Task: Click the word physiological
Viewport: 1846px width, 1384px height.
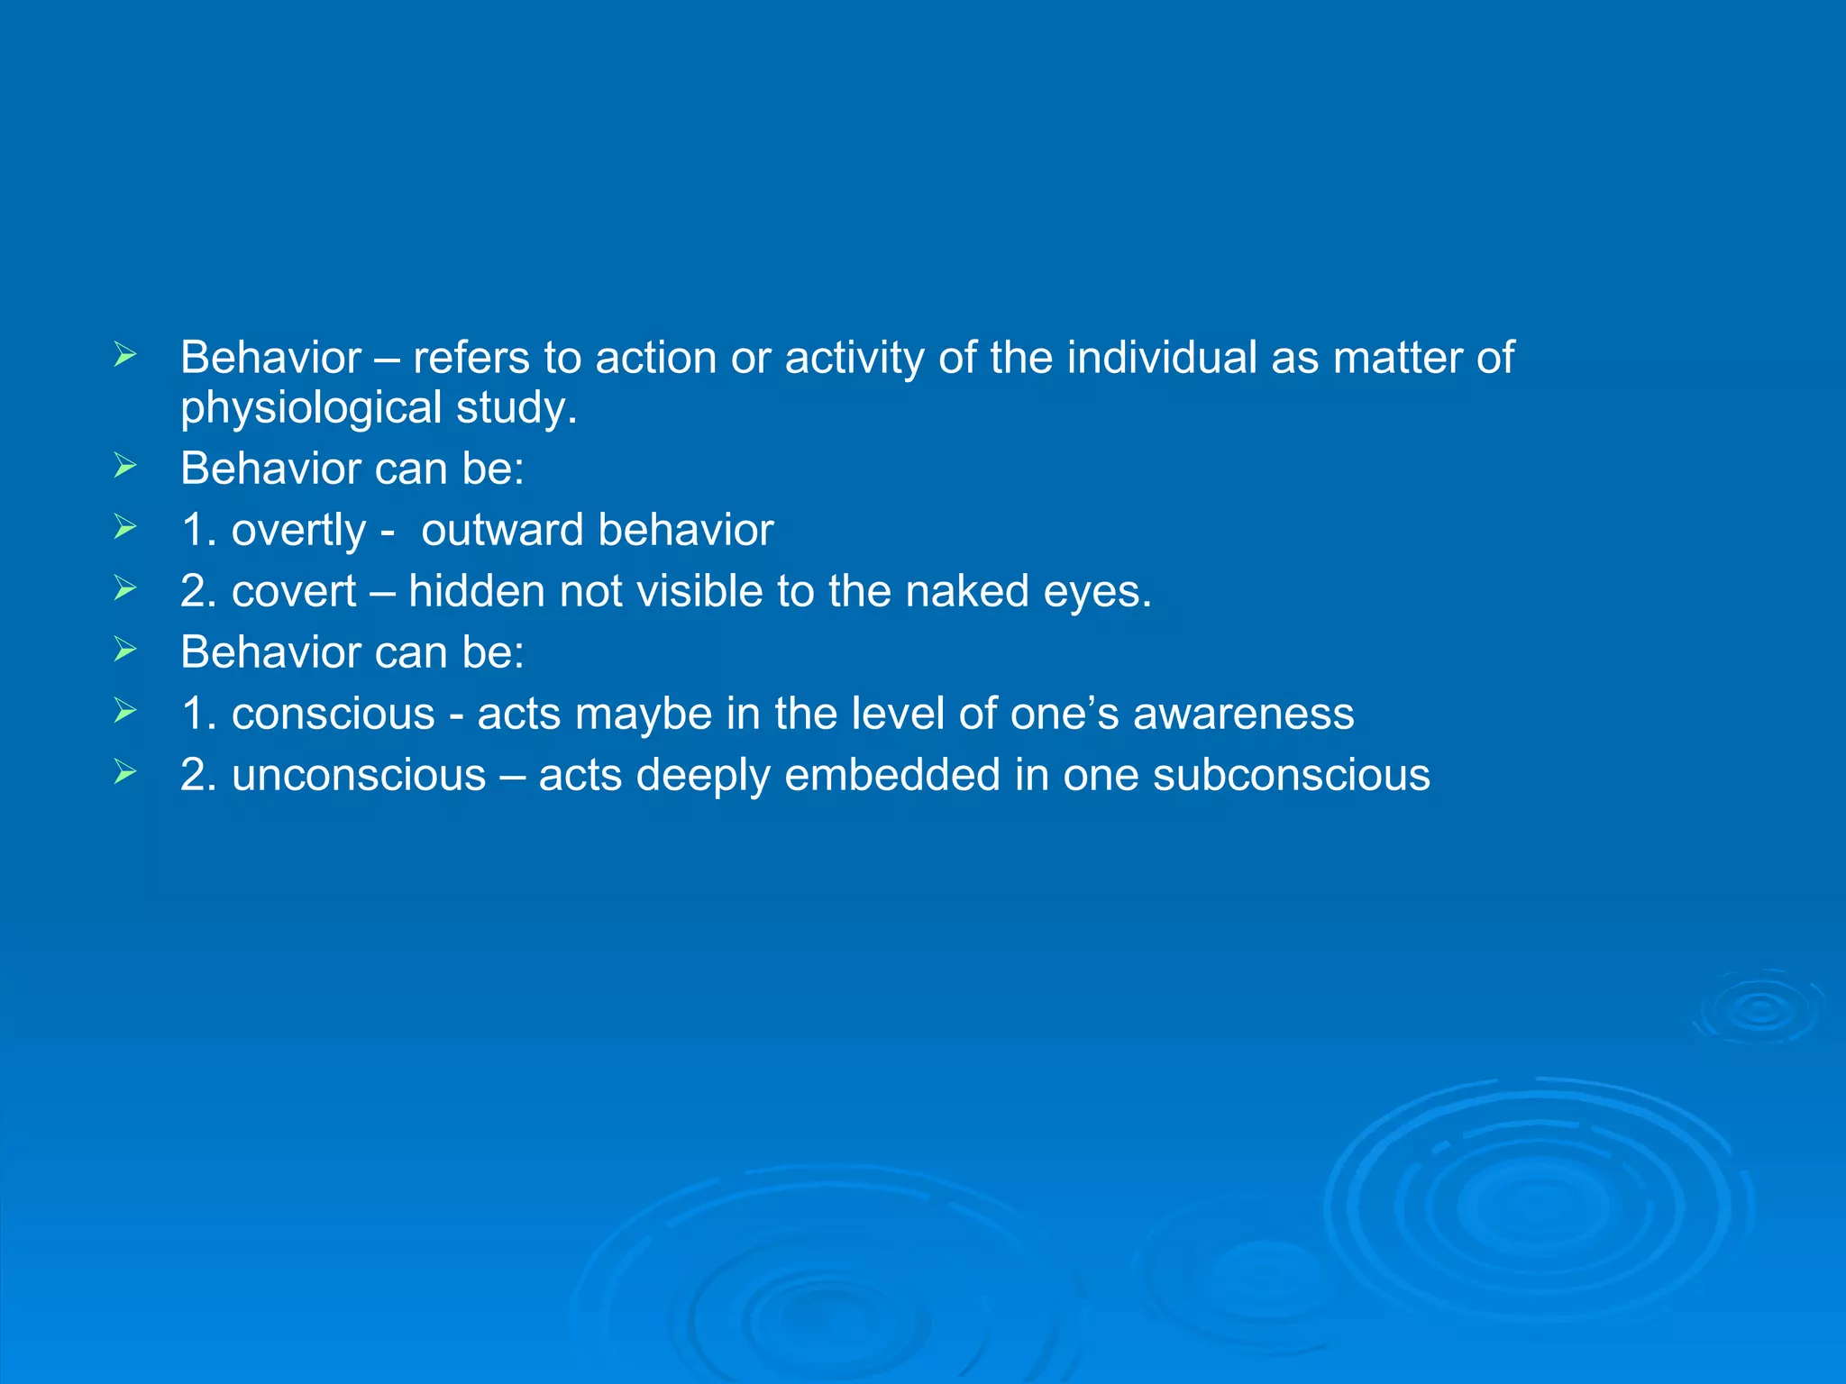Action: pos(312,408)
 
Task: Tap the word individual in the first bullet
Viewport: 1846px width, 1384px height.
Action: pos(1162,358)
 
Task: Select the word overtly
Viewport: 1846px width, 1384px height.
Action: pos(298,531)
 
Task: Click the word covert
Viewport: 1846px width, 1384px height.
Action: pos(294,592)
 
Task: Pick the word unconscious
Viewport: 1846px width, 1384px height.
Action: pos(359,776)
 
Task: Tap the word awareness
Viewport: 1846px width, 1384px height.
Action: pos(1243,715)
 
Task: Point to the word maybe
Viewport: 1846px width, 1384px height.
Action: pos(644,715)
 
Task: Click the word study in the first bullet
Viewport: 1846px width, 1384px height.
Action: pos(516,408)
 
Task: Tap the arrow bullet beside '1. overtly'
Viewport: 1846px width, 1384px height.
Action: pos(125,527)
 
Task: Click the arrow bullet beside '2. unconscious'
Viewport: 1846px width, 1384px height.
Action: pos(125,772)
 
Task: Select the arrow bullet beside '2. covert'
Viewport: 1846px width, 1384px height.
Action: pos(125,588)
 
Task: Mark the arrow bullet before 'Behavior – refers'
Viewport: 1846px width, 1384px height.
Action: pos(125,355)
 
